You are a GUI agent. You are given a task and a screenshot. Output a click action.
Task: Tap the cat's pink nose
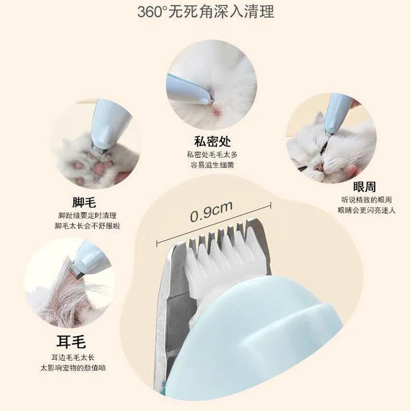[x=320, y=165]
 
